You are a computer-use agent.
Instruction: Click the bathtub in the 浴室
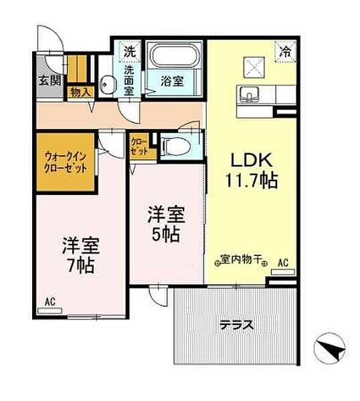(175, 55)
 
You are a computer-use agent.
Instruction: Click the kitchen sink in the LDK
(249, 94)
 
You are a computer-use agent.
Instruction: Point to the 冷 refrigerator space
(285, 51)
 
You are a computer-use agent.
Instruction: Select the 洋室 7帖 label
(81, 255)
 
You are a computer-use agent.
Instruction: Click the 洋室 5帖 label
(166, 225)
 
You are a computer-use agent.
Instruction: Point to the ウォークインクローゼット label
(66, 162)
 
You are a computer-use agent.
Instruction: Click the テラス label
(237, 325)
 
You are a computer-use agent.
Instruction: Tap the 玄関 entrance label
(50, 80)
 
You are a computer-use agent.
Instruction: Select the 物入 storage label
(81, 92)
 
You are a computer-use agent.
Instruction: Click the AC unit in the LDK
(283, 272)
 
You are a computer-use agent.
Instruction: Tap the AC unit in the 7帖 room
(50, 311)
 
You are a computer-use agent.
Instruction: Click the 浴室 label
(173, 81)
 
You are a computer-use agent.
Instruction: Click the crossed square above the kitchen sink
(254, 68)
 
